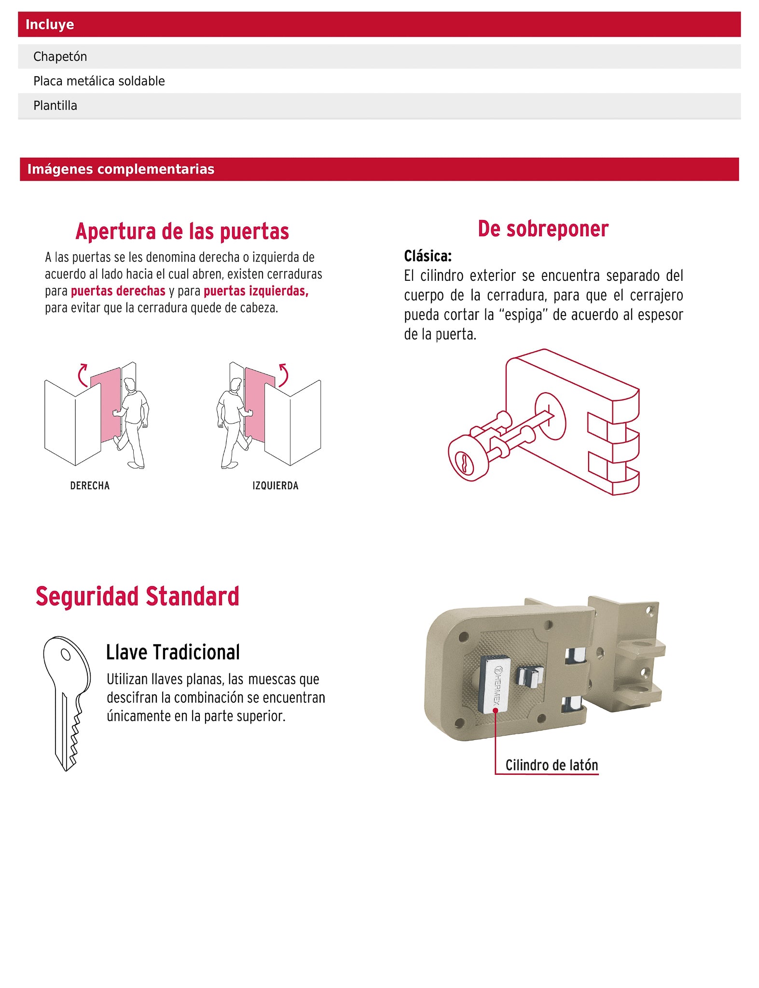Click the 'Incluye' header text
[50, 25]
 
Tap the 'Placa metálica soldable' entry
[99, 81]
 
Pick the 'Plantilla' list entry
[55, 106]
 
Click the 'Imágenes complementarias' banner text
[121, 169]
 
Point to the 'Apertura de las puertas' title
[182, 232]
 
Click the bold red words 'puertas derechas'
[118, 291]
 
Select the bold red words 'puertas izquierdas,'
[256, 291]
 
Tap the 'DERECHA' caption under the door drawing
[90, 486]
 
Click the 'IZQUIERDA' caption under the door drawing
[276, 486]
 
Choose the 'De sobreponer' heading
[543, 229]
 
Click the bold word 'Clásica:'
[428, 256]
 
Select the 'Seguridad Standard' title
[138, 596]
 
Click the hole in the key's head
[66, 655]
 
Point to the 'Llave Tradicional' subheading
[173, 652]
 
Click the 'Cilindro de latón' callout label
[552, 765]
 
